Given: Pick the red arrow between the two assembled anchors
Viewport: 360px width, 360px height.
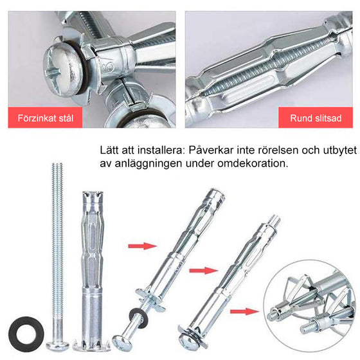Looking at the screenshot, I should (x=204, y=270).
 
